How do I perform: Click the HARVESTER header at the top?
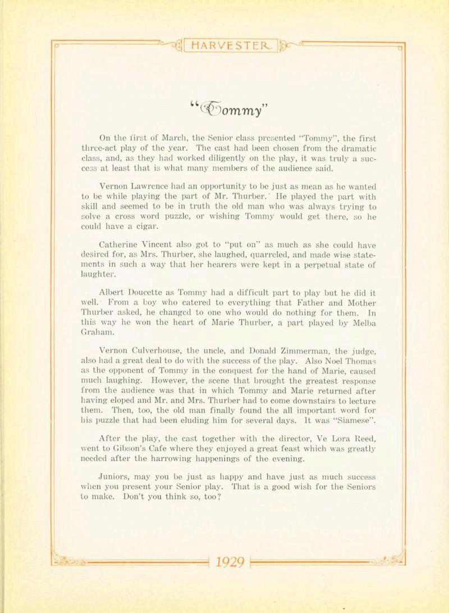pos(230,46)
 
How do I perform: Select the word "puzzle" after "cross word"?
pos(181,218)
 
